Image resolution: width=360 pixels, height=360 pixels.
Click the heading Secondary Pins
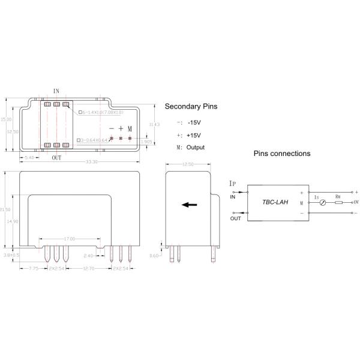[x=191, y=106]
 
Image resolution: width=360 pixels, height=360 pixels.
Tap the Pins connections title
[x=281, y=154]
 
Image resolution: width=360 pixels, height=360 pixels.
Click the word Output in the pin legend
[x=196, y=148]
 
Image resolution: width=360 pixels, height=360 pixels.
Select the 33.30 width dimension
[x=92, y=162]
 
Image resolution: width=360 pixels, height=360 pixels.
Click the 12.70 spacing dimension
[x=90, y=269]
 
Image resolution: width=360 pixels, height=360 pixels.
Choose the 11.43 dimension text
[x=155, y=124]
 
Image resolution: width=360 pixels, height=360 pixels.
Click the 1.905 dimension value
[x=146, y=142]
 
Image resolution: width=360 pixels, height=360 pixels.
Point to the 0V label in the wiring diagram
[x=356, y=202]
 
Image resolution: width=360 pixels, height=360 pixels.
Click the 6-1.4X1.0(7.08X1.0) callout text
[x=102, y=112]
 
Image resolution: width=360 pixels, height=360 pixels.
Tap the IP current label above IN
[x=233, y=182]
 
